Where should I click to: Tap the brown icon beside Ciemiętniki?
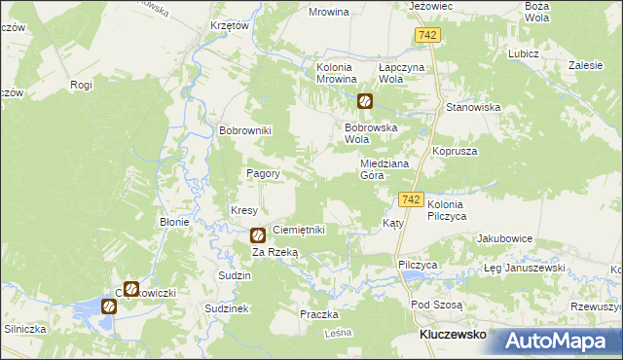258,234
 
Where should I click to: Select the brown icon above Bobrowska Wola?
364,100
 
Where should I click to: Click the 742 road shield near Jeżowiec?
425,35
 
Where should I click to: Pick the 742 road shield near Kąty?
411,199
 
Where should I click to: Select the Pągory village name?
263,174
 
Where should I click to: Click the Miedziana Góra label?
385,170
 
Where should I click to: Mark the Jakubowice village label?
504,238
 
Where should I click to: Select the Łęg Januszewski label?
525,268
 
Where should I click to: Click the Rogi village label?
81,85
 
